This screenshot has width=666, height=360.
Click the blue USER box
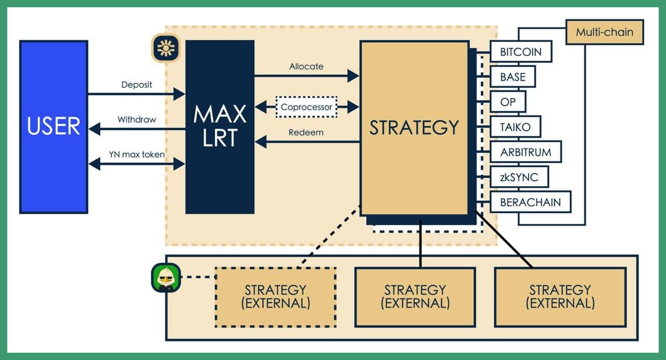[x=54, y=127]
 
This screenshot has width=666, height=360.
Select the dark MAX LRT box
[x=220, y=127]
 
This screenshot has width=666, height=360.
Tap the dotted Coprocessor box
[x=306, y=107]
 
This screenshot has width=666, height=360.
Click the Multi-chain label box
[x=605, y=32]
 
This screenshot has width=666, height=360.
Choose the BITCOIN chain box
[x=521, y=52]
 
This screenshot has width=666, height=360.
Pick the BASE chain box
[x=513, y=76]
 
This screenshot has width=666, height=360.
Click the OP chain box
[x=508, y=102]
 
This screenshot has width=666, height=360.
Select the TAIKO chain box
[x=515, y=127]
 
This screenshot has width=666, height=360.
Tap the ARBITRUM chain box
[x=526, y=152]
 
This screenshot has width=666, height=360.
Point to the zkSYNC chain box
[x=519, y=177]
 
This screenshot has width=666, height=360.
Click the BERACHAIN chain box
[x=530, y=202]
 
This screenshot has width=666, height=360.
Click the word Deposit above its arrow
[x=136, y=85]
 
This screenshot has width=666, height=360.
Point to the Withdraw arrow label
[x=137, y=120]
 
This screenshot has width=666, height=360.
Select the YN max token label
[x=136, y=155]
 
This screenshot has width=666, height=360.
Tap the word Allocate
[x=306, y=66]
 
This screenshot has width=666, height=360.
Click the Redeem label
[x=306, y=132]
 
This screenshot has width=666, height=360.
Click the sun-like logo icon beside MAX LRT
[x=166, y=48]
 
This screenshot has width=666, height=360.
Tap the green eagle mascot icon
[x=166, y=278]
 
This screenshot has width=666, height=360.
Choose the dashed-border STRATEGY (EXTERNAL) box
[x=276, y=297]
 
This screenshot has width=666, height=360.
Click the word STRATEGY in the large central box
[x=414, y=127]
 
